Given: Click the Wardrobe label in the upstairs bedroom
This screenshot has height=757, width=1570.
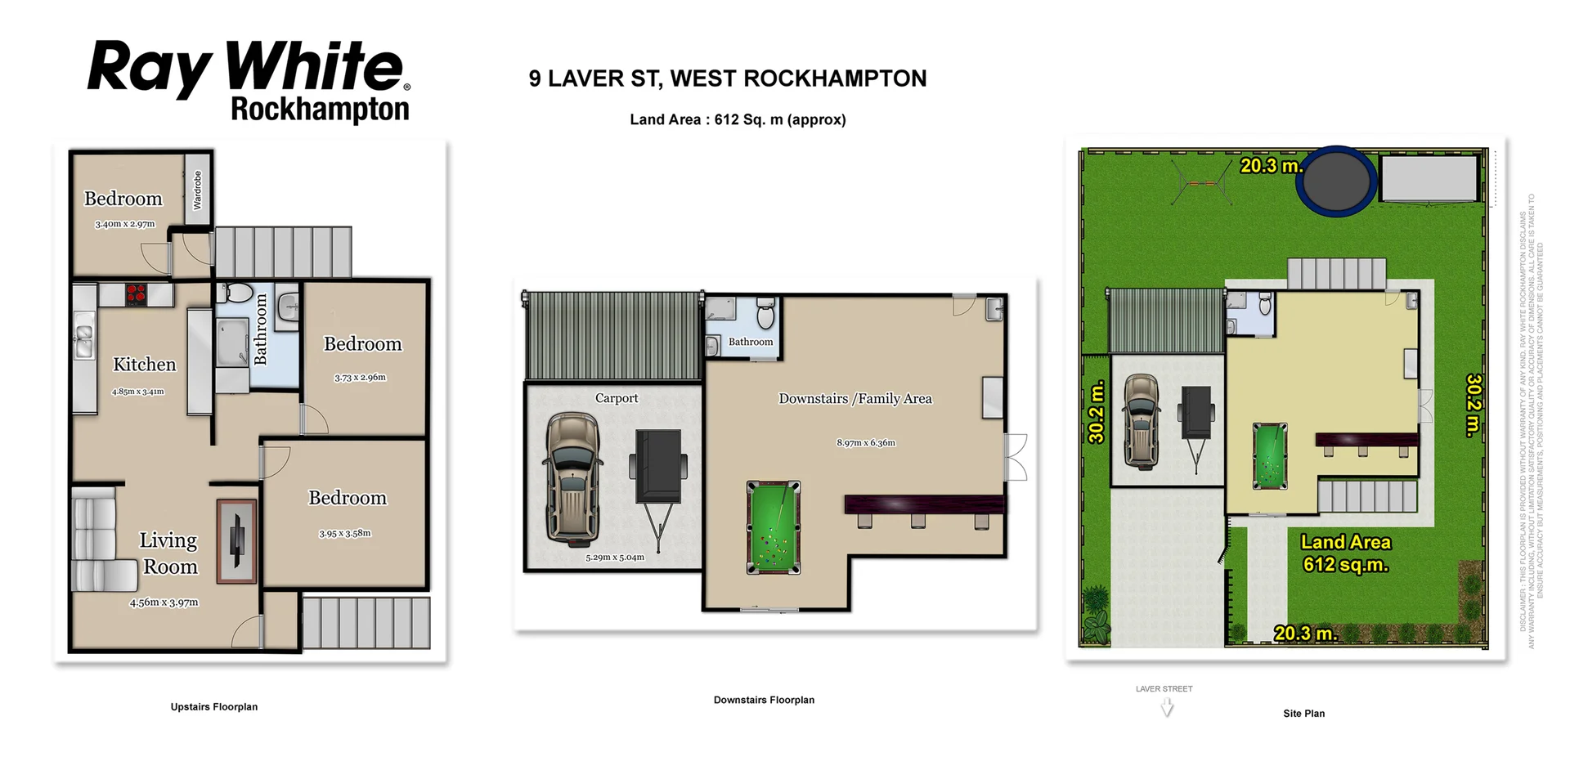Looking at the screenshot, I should [197, 190].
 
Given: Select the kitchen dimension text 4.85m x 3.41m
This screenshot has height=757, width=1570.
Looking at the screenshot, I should [137, 392].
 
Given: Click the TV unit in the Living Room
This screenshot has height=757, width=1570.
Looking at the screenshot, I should [236, 541].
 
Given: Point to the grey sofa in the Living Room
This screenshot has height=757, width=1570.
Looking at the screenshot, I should [95, 540].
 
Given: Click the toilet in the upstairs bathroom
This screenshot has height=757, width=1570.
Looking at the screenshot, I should [238, 293].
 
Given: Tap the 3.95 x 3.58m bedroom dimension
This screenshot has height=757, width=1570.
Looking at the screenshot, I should [344, 534].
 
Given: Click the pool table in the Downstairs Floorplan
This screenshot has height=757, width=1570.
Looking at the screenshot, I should [773, 527].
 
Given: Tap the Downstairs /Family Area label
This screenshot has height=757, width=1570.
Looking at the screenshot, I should [855, 399].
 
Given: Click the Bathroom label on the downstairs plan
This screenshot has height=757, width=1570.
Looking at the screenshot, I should [750, 342].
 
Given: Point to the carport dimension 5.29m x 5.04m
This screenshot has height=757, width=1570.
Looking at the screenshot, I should [614, 558].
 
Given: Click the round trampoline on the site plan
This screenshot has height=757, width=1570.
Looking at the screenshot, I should [1336, 181].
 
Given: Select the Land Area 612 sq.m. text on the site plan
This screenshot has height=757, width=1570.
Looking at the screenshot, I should [1344, 553].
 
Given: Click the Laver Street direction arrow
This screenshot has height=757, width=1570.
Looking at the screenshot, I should [1167, 708].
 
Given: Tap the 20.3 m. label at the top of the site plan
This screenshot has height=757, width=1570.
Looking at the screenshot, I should [1270, 166].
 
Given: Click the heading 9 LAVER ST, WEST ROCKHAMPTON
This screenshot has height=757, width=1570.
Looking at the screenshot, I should [727, 78].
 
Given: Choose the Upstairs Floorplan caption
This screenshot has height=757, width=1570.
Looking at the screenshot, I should [213, 707].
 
